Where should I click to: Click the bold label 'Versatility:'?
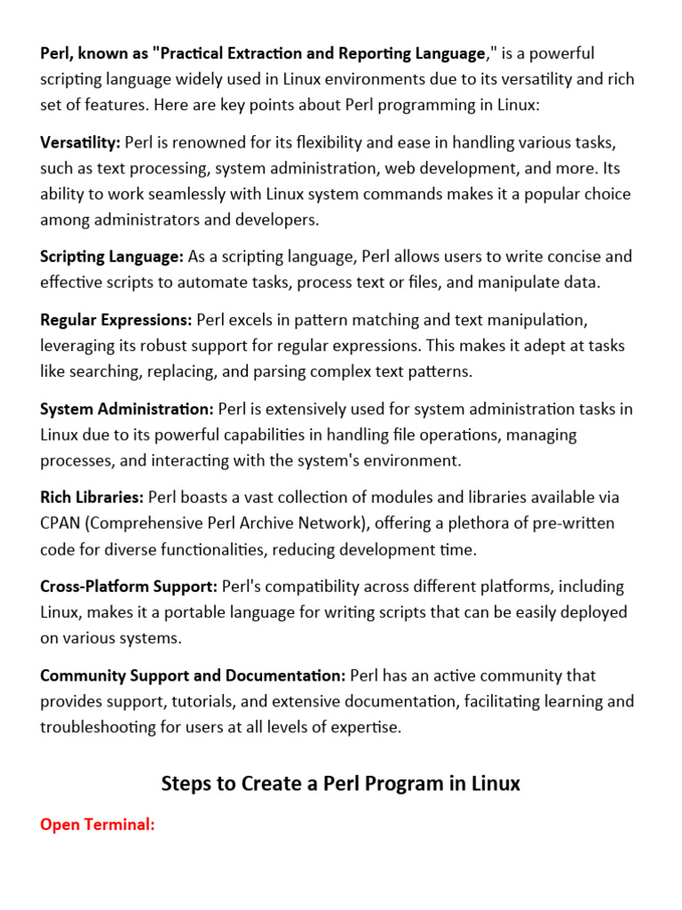(80, 142)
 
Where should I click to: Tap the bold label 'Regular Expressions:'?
(115, 319)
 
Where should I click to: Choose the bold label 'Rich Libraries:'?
(91, 497)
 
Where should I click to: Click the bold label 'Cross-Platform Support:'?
(129, 587)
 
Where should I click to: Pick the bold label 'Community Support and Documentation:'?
(193, 675)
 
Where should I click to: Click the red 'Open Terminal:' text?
(98, 825)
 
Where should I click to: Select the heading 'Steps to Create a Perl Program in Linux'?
(341, 783)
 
